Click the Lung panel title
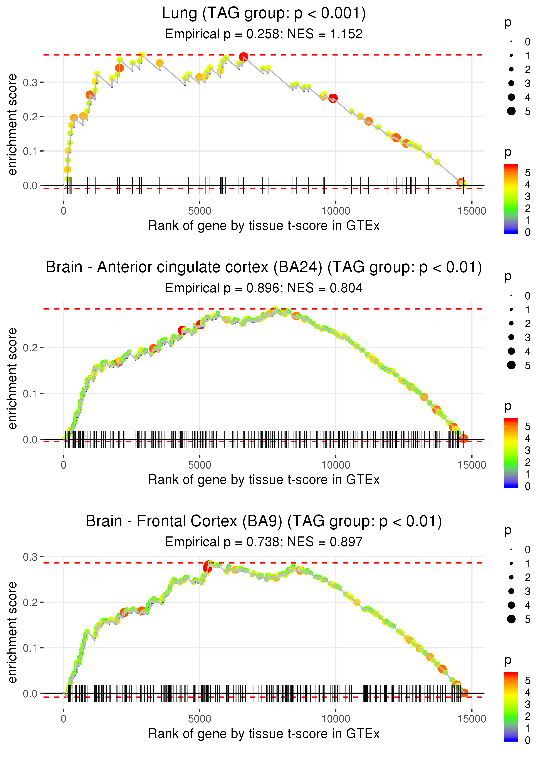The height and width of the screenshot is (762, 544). (264, 13)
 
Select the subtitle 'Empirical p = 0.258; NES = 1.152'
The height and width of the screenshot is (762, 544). (264, 34)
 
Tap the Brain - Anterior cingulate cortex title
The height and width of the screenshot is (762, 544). (264, 267)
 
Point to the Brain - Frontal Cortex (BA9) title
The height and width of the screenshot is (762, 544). (264, 521)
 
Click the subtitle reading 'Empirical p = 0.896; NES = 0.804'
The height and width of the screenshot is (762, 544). (264, 288)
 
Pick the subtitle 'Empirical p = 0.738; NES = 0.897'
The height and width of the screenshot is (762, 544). (264, 542)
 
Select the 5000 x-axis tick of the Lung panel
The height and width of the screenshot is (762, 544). (200, 211)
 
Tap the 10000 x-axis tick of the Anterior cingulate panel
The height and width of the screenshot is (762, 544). (336, 465)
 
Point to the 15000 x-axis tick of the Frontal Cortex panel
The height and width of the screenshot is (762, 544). (472, 719)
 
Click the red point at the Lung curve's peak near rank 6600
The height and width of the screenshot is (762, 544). (243, 57)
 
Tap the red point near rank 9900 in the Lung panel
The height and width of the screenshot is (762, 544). (333, 98)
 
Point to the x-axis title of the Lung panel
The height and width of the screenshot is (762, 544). (264, 226)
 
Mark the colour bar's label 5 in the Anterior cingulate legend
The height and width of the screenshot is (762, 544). (528, 427)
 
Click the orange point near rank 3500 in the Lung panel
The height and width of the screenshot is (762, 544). (160, 63)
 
